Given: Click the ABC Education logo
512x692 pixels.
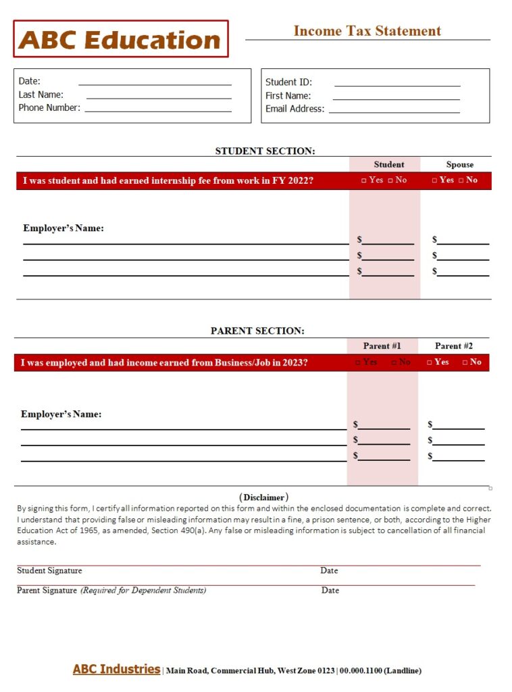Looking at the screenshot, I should click(x=120, y=39).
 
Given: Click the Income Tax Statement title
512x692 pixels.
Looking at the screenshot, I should click(x=367, y=30).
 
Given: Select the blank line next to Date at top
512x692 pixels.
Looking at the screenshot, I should click(x=155, y=83).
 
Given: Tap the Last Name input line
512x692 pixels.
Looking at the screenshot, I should click(x=159, y=97).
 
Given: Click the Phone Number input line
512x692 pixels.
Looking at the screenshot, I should click(x=158, y=109).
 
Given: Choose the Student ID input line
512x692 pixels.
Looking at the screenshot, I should click(x=397, y=84).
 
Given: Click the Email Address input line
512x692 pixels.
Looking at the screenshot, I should click(x=394, y=111).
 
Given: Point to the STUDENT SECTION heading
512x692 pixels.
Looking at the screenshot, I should click(x=265, y=151).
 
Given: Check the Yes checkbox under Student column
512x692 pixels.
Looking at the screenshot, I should click(x=364, y=180).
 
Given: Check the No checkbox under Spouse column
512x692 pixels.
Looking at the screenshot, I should click(x=461, y=180).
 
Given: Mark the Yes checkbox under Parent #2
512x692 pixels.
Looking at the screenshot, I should click(x=430, y=362).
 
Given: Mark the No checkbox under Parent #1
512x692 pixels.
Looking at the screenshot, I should click(x=394, y=362).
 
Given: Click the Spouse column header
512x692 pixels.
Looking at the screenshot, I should click(x=459, y=164).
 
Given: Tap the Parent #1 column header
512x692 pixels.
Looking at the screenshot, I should click(x=382, y=345).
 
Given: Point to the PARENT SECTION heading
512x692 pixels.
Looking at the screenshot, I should click(x=257, y=330).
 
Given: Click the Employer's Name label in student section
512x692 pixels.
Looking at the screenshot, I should click(x=63, y=228).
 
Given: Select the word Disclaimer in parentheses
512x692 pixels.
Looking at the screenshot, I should click(x=264, y=497).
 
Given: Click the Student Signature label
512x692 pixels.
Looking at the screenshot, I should click(x=49, y=570).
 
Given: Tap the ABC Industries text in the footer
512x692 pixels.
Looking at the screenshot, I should click(x=116, y=669).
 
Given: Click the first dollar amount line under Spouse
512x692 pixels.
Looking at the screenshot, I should click(x=463, y=241).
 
